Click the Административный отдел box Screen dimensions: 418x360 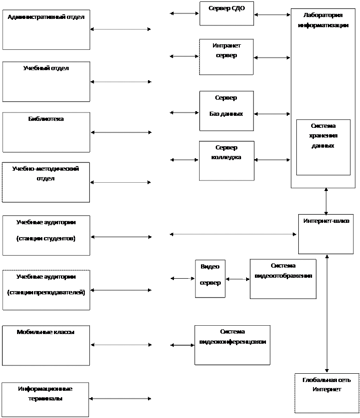tap(46, 30)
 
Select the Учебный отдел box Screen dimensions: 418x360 tap(46, 82)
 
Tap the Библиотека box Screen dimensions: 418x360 tap(46, 132)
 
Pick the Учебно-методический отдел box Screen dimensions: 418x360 tap(46, 182)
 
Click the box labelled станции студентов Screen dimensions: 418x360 tap(46, 235)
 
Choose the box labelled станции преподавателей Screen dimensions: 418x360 tap(46, 290)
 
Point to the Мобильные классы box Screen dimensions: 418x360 tap(46, 346)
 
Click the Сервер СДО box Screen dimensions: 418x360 tap(226, 13)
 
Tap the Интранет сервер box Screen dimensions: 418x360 tap(226, 57)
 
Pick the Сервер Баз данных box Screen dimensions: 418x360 tap(226, 111)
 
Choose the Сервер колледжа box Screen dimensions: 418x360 tap(226, 161)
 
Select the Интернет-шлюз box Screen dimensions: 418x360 tap(326, 234)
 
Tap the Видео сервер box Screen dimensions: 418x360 tap(210, 278)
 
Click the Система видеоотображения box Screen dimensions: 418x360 tap(283, 279)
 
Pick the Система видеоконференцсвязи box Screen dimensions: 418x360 tap(232, 345)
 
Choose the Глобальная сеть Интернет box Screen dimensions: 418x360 tap(326, 393)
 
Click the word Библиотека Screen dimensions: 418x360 tap(46, 119)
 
